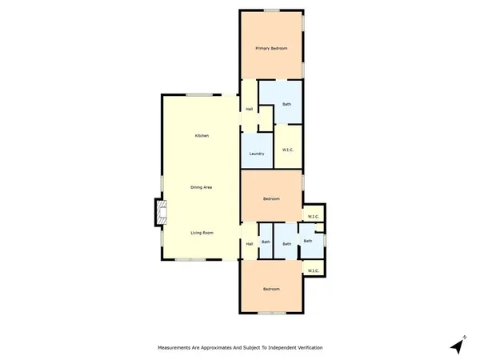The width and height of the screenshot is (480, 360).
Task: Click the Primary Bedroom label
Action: (x=271, y=50)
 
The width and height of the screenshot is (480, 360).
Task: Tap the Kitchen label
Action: (x=202, y=136)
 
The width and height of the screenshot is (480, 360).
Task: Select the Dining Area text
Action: (x=201, y=187)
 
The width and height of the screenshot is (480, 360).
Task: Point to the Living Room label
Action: (x=202, y=233)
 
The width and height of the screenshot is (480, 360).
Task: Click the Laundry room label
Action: (x=257, y=154)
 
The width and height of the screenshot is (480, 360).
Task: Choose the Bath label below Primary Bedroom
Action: (x=286, y=105)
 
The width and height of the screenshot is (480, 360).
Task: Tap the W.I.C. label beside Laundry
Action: (x=288, y=150)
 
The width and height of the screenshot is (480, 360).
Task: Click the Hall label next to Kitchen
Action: (x=250, y=109)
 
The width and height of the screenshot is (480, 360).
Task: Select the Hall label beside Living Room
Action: (x=250, y=243)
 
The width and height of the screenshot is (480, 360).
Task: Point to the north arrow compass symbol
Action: (x=457, y=345)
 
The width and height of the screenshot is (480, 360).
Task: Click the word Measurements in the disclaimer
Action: (x=174, y=348)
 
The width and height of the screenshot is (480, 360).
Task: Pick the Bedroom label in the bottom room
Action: (x=271, y=289)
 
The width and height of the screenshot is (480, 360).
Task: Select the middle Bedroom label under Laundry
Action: (x=271, y=199)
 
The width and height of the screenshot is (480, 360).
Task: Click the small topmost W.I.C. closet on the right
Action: (x=313, y=217)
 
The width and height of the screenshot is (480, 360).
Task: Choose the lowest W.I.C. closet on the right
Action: (x=313, y=270)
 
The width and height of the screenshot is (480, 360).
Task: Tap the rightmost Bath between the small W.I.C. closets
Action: (x=307, y=241)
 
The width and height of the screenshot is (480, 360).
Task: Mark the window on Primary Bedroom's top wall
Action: (x=272, y=10)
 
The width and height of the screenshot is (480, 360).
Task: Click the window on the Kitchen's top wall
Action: (x=200, y=95)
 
